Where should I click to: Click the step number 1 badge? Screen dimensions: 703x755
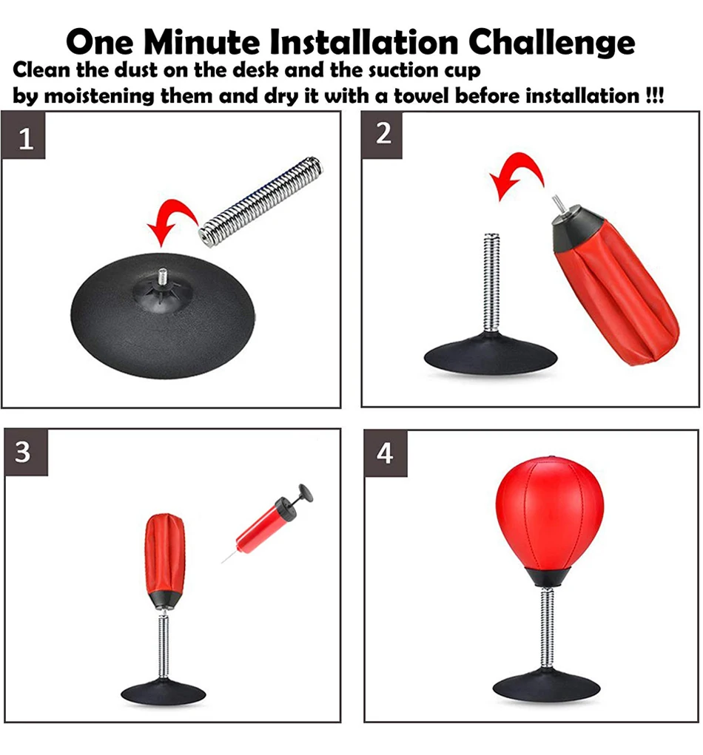point(24,135)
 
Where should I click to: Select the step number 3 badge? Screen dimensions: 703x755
point(26,452)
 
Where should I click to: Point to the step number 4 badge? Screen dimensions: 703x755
point(386,453)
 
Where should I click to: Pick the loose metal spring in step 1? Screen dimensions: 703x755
point(260,201)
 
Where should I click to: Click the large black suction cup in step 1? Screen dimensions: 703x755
point(162,316)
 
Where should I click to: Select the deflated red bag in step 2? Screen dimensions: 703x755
point(614,283)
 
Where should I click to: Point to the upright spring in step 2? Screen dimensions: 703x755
point(491,282)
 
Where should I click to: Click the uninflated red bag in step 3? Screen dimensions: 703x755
point(165,558)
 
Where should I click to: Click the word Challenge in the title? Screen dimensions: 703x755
point(552,42)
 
